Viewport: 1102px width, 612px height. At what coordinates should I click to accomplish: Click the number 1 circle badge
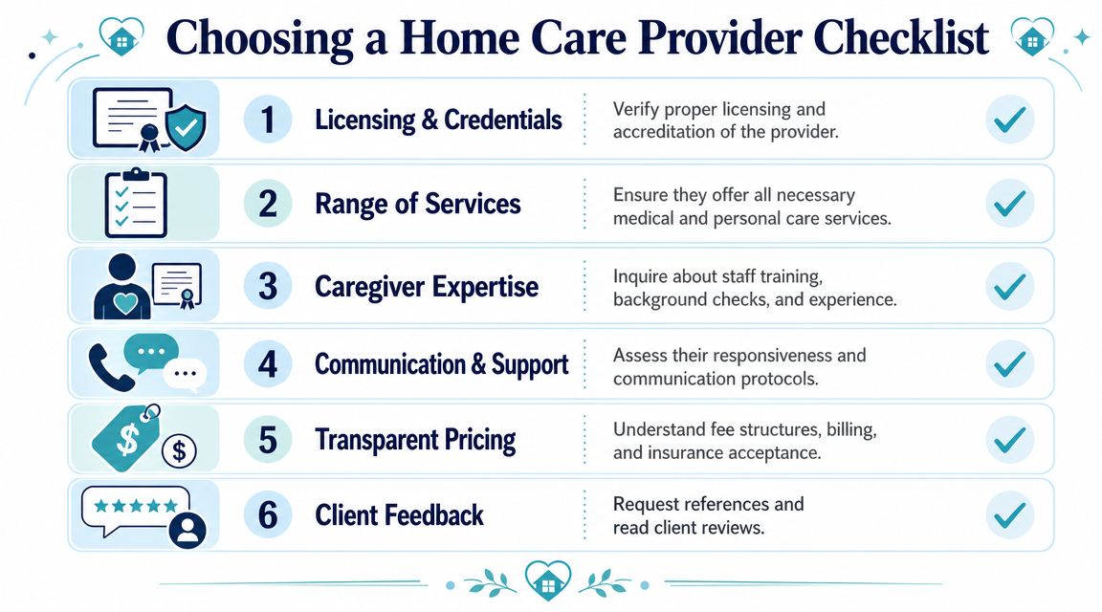click(268, 120)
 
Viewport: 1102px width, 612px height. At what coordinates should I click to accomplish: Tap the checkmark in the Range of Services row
click(1010, 204)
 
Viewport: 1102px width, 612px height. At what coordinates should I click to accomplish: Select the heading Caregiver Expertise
click(427, 287)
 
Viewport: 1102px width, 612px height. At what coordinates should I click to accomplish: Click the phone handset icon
click(110, 367)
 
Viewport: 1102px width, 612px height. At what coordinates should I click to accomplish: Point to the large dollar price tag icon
click(126, 437)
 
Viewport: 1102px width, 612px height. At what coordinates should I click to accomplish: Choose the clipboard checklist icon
click(136, 203)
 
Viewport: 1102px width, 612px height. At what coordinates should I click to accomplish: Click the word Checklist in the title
click(901, 37)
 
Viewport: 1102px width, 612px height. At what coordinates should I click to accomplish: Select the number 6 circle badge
click(268, 515)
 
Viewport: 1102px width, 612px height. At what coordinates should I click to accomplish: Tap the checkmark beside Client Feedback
click(1010, 515)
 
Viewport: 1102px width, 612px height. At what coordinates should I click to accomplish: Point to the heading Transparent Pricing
click(415, 440)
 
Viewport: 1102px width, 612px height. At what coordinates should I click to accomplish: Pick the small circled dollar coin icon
click(179, 450)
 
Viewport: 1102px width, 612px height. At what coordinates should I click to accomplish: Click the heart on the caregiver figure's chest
click(126, 303)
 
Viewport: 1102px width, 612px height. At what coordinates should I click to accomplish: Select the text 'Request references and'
click(709, 504)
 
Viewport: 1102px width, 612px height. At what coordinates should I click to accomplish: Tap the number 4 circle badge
click(268, 364)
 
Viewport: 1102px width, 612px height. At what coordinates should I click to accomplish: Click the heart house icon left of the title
click(121, 37)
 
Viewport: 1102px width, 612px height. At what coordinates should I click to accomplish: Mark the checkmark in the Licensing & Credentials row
click(1010, 120)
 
